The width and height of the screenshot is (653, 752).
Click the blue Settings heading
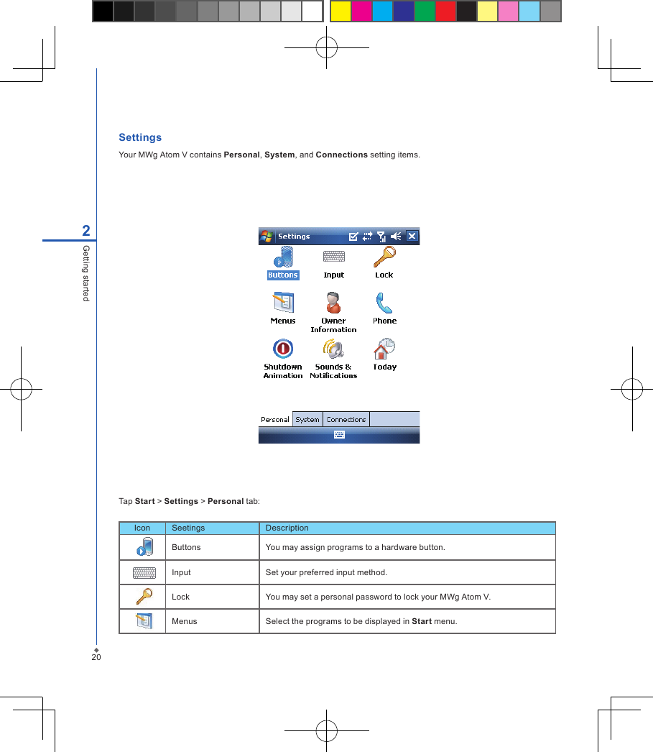coord(140,137)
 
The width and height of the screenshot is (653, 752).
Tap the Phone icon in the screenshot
coord(384,303)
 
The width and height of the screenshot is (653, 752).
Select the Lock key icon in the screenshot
coord(384,257)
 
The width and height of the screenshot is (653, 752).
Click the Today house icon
coord(384,349)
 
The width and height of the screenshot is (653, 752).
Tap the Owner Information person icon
coord(333,303)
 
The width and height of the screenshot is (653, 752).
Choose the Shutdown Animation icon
coord(283,349)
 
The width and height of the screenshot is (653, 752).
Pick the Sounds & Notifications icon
coord(333,349)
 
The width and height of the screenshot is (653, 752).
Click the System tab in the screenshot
coord(307,419)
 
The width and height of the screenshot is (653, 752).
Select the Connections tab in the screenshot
coord(346,419)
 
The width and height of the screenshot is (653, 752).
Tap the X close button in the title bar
coord(412,236)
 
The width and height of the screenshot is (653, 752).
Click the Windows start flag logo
coord(267,236)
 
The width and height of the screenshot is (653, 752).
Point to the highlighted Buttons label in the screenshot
coord(283,275)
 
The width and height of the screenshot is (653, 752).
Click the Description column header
coord(287,528)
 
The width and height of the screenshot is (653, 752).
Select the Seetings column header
coord(188,528)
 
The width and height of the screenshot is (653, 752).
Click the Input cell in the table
coord(182,572)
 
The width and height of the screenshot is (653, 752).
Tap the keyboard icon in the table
coord(144,572)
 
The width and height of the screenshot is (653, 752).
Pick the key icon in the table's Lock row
coord(144,597)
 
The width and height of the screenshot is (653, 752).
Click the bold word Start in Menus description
coord(422,621)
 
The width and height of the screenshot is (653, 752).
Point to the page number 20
coord(96,657)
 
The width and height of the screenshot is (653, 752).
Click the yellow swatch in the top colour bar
coord(341,11)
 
